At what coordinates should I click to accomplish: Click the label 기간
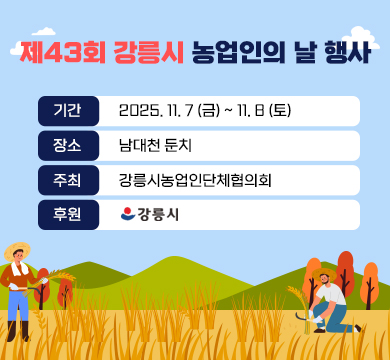tap(68, 110)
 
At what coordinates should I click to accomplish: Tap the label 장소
tap(68, 145)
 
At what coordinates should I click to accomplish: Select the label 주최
tap(68, 180)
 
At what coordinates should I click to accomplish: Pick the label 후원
tap(68, 214)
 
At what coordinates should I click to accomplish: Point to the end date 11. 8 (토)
tap(262, 110)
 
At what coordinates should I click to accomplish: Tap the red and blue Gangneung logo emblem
tap(127, 214)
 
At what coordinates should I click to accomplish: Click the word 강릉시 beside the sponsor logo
tap(158, 214)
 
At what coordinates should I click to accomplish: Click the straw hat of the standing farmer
tap(17, 249)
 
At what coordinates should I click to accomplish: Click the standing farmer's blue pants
tap(18, 306)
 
